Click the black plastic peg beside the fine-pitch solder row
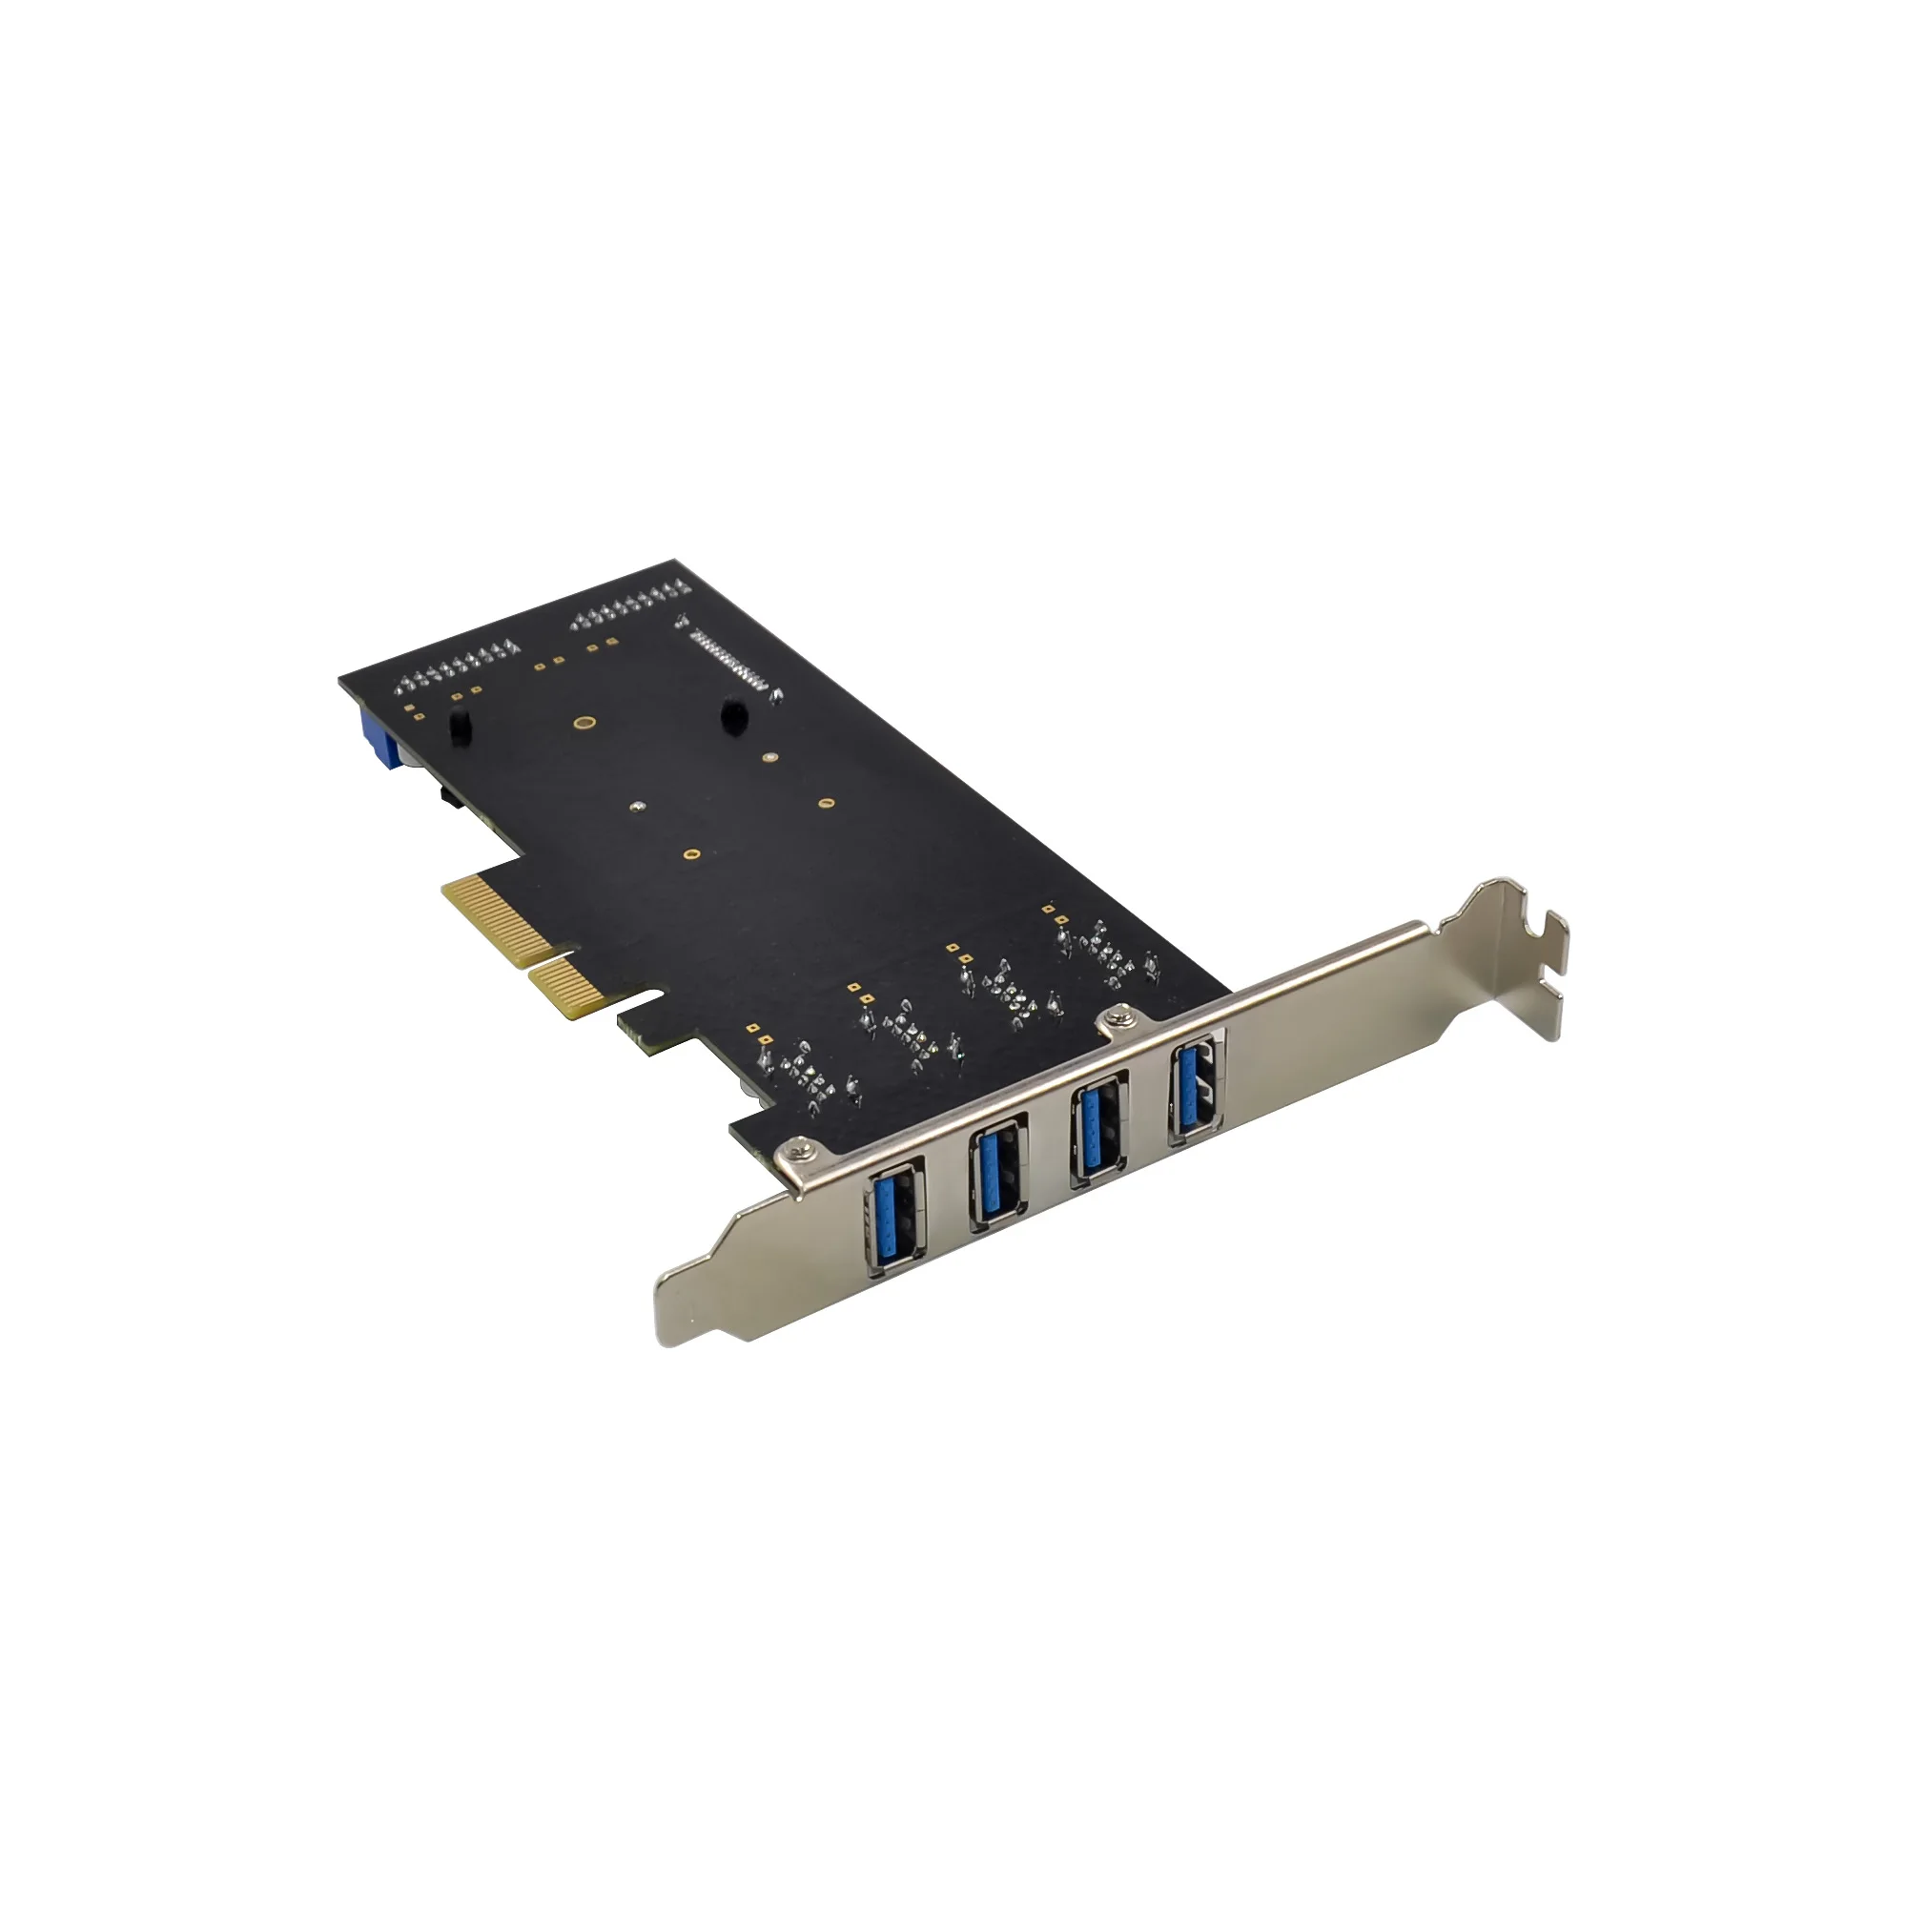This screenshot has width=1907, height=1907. click(x=732, y=716)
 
